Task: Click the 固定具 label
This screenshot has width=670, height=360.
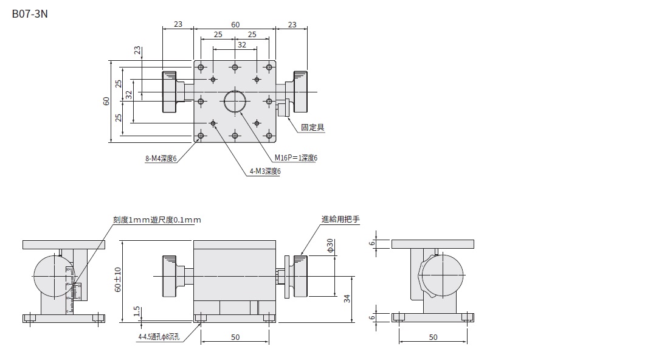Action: point(313,127)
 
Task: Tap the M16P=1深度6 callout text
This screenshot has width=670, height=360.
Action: point(295,158)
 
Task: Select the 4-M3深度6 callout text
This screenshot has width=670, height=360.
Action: point(265,171)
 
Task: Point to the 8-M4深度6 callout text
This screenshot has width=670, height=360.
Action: point(161,159)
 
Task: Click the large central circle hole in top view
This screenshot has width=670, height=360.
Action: point(235,102)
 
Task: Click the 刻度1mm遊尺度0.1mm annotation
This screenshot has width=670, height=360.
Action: point(157,220)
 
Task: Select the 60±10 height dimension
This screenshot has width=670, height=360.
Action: point(119,279)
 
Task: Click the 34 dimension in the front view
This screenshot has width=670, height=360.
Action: point(347,298)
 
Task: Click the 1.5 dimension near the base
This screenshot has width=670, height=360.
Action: point(138,311)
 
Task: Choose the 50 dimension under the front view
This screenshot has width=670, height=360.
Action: point(235,336)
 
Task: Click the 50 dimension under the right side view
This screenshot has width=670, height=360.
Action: point(432,336)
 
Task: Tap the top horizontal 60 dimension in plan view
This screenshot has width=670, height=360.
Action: point(235,25)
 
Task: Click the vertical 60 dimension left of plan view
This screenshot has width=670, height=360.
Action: point(106,102)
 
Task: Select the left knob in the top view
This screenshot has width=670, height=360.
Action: point(169,92)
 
